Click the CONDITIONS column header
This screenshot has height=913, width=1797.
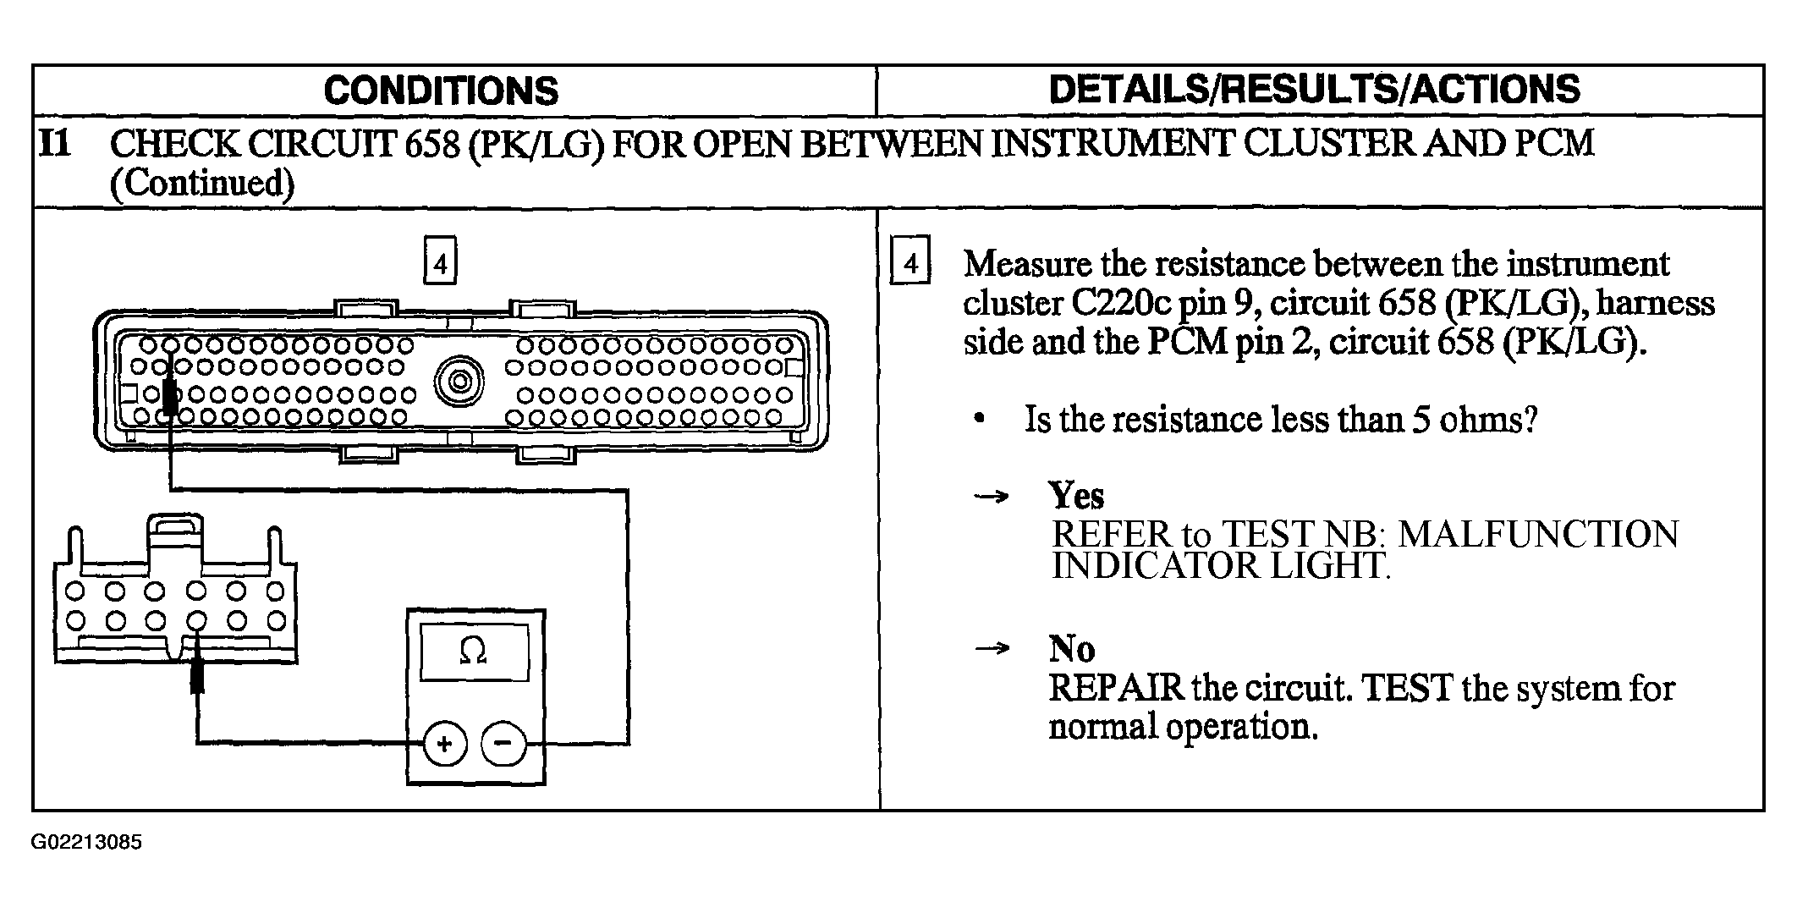click(441, 91)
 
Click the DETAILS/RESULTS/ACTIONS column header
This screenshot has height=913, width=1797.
click(1314, 89)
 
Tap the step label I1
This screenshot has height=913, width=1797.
click(55, 144)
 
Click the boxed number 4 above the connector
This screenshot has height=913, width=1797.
click(440, 263)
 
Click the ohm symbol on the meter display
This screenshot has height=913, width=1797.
click(472, 651)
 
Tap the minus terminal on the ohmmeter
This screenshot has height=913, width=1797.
click(503, 744)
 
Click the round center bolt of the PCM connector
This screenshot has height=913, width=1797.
click(460, 382)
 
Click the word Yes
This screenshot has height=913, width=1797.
click(1076, 495)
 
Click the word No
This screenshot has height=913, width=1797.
click(1071, 649)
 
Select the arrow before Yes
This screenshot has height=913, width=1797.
click(992, 496)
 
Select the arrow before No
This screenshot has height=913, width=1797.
click(992, 649)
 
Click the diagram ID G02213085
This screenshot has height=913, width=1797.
click(87, 843)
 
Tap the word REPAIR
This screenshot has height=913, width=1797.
click(1116, 688)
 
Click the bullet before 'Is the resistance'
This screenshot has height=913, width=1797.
click(980, 419)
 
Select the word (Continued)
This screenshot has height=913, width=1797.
click(202, 184)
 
